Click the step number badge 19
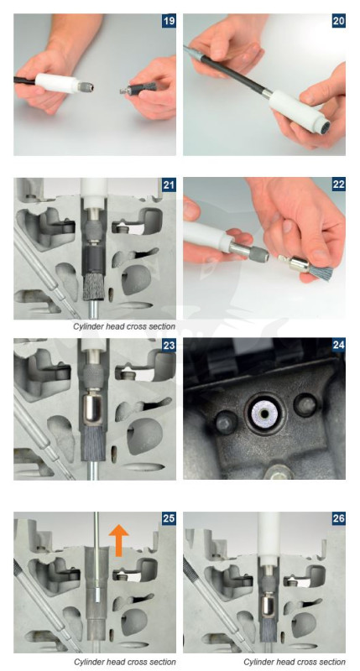coord(169,21)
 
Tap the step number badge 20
coord(338,21)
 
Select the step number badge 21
coord(169,185)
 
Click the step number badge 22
coord(338,185)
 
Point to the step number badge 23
coord(169,346)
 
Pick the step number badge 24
coord(338,346)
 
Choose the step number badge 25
coord(169,518)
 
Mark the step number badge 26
coord(338,518)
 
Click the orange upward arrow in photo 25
coord(118,540)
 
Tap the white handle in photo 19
coord(58,83)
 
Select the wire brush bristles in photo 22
coord(324,272)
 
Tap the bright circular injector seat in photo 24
coord(265,414)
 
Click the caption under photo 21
coord(124,326)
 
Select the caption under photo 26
coord(295,662)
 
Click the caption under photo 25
coord(124,662)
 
